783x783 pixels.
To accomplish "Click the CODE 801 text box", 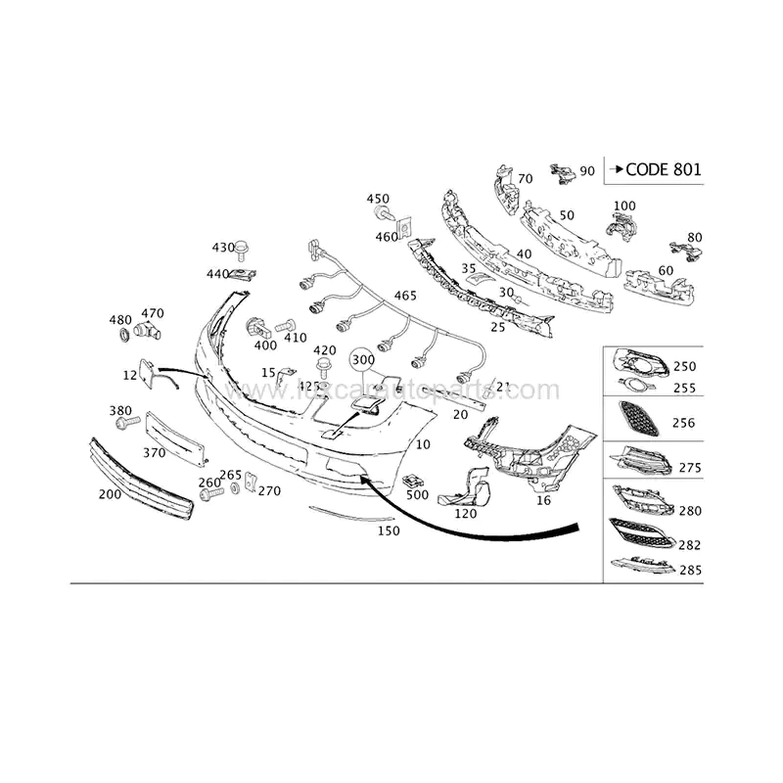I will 654,168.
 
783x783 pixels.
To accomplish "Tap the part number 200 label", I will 110,494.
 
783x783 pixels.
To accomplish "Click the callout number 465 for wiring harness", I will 404,296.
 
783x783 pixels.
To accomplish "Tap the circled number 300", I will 363,360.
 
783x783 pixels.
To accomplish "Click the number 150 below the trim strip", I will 390,530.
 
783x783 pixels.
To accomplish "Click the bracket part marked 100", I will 620,225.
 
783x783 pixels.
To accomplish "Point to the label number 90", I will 587,171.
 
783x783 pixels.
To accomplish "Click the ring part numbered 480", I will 123,337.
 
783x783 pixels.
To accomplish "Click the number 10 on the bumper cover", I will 423,444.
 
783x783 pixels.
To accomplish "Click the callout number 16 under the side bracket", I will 544,499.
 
